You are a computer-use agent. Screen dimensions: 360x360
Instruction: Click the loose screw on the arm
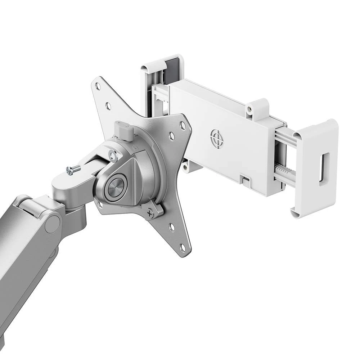point(73,170)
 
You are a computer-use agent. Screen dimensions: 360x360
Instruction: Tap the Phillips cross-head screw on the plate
point(150,213)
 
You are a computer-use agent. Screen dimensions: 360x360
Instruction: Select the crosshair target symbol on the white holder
point(217,138)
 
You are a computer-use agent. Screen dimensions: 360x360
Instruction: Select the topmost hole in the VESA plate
point(97,86)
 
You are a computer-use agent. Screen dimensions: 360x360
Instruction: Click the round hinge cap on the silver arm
point(53,224)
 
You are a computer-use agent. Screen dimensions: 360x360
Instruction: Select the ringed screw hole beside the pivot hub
point(113,156)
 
